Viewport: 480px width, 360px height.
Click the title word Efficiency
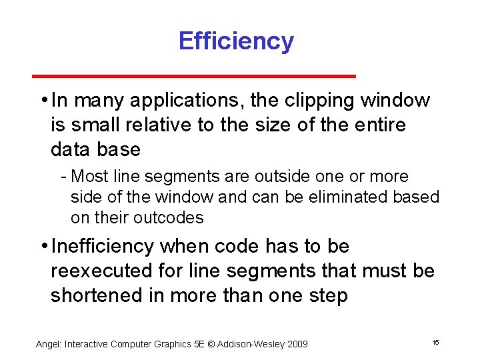236,41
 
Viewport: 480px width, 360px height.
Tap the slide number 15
435,342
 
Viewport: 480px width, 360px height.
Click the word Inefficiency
102,247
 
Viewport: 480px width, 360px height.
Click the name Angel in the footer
48,344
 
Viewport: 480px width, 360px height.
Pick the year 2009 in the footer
295,344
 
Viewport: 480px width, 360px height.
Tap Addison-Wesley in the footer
245,344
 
